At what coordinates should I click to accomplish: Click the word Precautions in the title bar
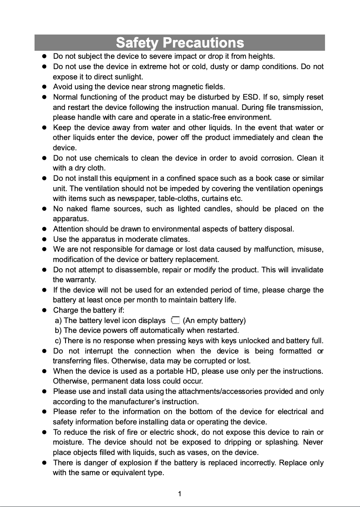[203, 43]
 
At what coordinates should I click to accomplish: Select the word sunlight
[127, 77]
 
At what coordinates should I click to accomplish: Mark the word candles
[218, 209]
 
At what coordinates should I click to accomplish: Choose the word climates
[176, 239]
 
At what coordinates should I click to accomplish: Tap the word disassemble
[135, 270]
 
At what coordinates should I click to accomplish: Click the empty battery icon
[175, 320]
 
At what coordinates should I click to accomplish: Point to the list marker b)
[58, 331]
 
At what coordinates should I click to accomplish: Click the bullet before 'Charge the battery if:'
[44, 310]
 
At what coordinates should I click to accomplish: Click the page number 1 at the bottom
[180, 494]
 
